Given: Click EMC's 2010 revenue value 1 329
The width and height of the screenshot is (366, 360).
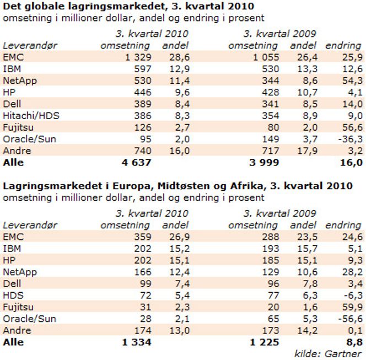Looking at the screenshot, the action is coord(138,57).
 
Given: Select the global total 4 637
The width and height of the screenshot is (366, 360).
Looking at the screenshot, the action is coord(136,162).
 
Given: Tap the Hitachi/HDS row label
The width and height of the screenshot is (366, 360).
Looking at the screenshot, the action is coord(31,116).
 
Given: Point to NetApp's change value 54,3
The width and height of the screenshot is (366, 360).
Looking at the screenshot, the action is coord(352,80).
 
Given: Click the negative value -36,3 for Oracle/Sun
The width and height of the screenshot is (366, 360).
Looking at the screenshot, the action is coord(351,139).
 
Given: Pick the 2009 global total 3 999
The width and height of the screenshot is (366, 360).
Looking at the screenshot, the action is coord(264,162).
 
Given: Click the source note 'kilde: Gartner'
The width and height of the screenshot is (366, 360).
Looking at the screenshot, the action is coord(328,354).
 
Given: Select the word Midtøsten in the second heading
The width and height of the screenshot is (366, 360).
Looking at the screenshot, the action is coord(191,186).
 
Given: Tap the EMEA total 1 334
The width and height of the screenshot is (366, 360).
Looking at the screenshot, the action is coord(137,342).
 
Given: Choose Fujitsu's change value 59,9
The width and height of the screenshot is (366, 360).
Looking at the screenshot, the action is coord(352,307).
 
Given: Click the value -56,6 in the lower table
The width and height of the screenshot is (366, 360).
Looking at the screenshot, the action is coord(351,319).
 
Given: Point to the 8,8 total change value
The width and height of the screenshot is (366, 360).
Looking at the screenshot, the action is coord(354,342).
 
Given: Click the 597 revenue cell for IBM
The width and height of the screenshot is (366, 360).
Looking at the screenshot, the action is coord(143,69).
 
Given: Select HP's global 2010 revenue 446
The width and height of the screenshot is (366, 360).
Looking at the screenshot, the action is coord(143,92).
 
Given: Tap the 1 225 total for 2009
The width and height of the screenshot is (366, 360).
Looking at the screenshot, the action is coord(264,342).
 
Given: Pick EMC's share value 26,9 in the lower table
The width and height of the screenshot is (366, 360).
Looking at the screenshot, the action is coord(180,237).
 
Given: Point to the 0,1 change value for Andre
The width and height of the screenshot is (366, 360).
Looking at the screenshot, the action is coord(356,330).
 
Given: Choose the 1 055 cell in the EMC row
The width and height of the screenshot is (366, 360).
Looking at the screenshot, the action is coord(266,57).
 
